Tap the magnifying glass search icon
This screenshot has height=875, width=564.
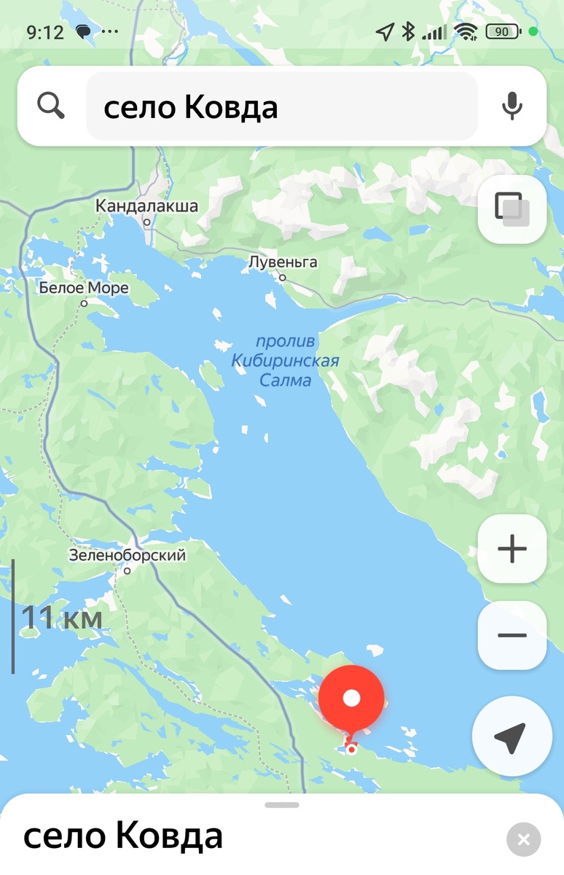pos(51,106)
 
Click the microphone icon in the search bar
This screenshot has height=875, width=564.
pos(512,106)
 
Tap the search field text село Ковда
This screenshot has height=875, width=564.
pos(191,108)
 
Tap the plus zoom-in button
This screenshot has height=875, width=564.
pos(512,549)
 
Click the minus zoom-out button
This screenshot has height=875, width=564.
pos(512,635)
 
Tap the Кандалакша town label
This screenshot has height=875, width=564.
pos(146,206)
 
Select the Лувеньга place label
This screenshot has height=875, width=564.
pos(283,262)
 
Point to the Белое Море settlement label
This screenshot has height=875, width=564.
pos(84,289)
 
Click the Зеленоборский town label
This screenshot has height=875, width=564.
pos(128,556)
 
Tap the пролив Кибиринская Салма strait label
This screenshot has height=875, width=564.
pos(285,360)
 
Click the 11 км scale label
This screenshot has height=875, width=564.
pos(61,618)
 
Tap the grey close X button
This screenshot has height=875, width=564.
pos(523,839)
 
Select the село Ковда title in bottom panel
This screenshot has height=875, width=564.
pos(123,836)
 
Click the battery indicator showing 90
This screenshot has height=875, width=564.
pos(503,31)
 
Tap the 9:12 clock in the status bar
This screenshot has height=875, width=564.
pos(45,32)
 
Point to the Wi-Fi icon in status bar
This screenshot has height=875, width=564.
pos(464,31)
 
